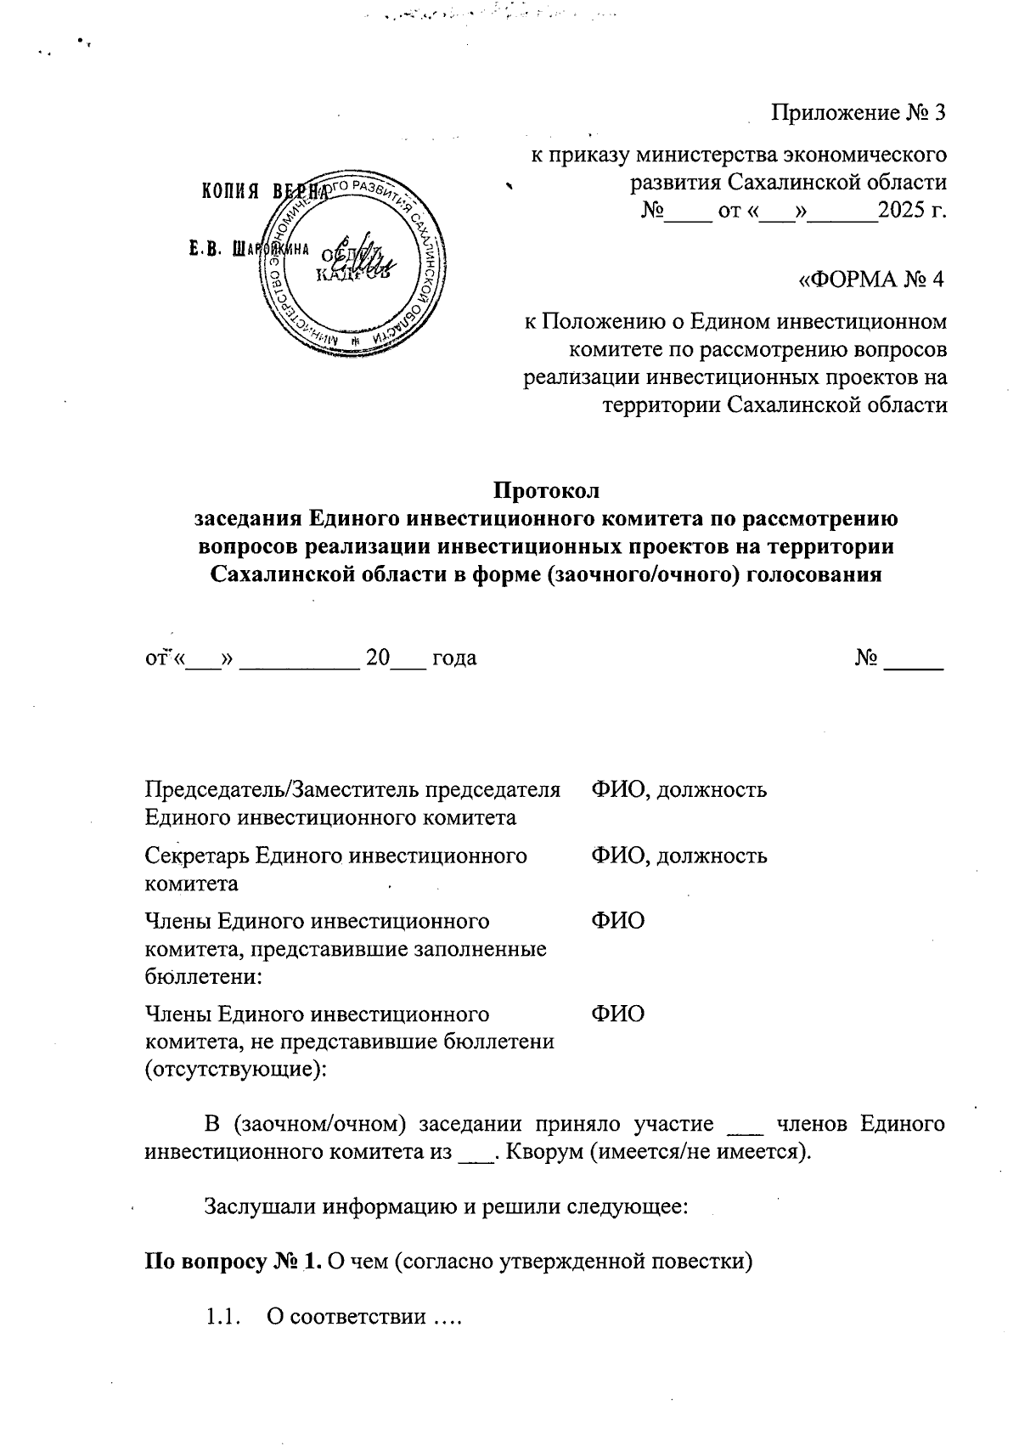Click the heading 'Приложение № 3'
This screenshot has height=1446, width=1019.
(857, 113)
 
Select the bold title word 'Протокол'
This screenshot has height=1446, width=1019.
(547, 491)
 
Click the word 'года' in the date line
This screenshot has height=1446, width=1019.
(453, 658)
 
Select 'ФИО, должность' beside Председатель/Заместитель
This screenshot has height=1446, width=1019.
(678, 789)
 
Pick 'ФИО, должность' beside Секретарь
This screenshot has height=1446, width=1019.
(678, 856)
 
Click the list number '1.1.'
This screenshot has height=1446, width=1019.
(220, 1318)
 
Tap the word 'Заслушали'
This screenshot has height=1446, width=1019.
(255, 1206)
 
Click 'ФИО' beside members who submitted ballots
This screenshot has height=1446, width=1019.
(617, 921)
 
